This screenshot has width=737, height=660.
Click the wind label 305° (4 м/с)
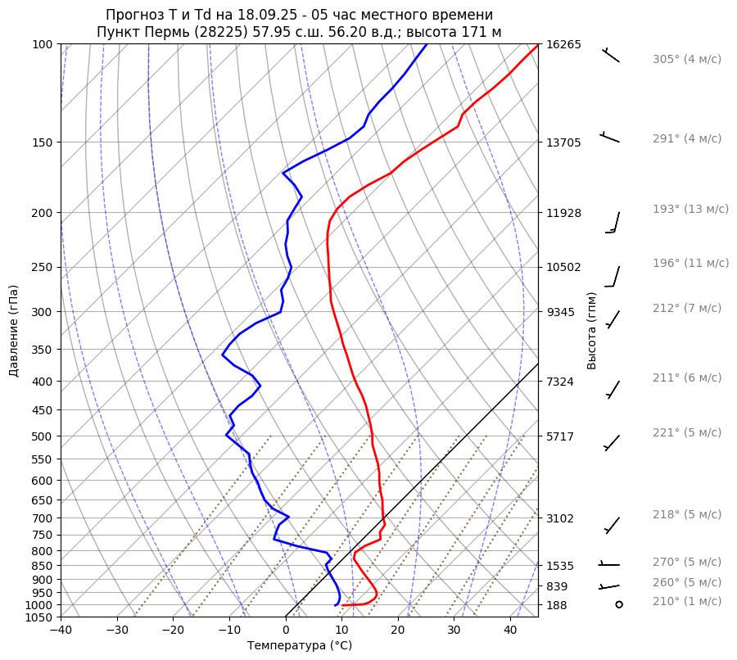[687, 59]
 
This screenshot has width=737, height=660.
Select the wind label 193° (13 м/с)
[690, 209]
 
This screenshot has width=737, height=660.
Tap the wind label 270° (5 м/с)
[687, 562]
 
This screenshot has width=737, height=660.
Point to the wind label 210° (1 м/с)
[687, 601]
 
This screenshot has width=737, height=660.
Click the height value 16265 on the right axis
[563, 44]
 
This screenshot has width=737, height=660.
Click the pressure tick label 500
[42, 436]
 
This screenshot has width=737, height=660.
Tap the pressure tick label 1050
[38, 617]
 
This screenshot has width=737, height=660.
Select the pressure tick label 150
[42, 142]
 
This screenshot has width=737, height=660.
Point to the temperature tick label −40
[61, 631]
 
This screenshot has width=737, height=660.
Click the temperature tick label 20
[398, 631]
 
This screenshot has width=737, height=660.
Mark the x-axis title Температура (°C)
[300, 646]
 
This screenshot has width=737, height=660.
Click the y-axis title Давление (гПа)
[14, 331]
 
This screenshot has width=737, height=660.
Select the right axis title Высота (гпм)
[592, 330]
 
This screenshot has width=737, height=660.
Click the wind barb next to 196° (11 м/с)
[613, 277]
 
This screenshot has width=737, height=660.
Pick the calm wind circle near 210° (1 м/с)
[619, 603]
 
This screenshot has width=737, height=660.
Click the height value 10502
[563, 267]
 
